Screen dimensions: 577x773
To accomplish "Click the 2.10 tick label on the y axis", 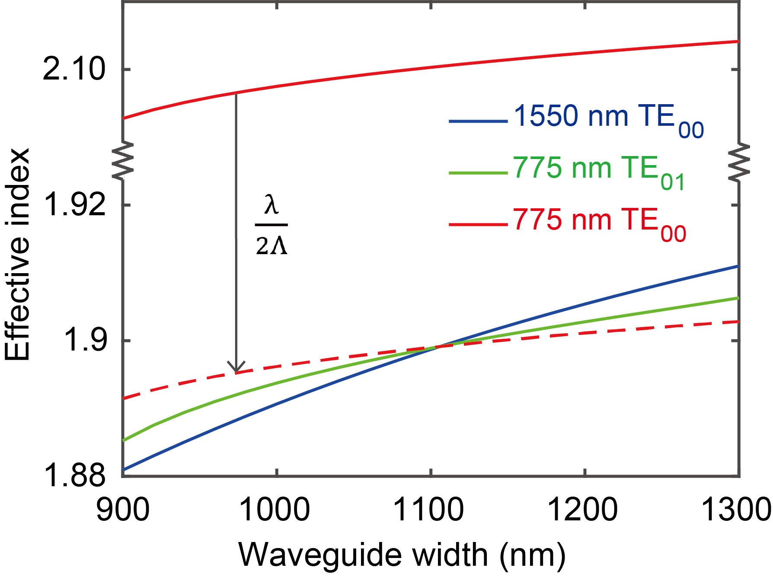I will pos(74,69).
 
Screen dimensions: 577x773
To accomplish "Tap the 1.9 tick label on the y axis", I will pos(85,340).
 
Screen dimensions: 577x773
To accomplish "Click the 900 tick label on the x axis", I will pos(123,510).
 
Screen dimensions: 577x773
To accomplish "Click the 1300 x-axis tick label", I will pos(735,510).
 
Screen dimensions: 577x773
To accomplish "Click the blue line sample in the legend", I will pos(478,122).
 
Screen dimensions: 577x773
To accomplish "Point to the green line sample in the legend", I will pos(478,173).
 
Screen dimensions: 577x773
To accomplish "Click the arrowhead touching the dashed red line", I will pos(236,367).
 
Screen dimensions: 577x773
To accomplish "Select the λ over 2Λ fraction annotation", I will pos(272,225).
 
